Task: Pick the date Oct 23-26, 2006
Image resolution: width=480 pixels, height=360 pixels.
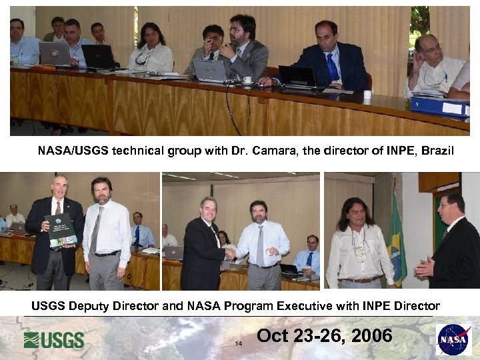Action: tap(324, 335)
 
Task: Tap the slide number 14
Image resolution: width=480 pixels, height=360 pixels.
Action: tap(237, 344)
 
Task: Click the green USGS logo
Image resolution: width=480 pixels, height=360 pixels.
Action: tap(54, 340)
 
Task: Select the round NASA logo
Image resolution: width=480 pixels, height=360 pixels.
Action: tap(453, 339)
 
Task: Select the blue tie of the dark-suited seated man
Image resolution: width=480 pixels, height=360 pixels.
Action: tap(332, 67)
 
